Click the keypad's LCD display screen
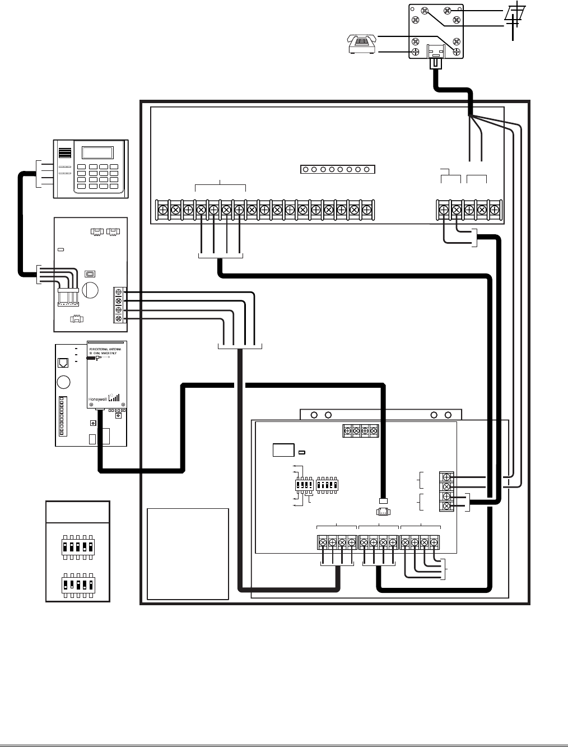[97, 152]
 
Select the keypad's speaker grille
[66, 155]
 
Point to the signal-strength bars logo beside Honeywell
[114, 397]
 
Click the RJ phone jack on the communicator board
[64, 362]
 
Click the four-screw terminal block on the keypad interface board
[119, 305]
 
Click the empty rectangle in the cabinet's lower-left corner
[188, 553]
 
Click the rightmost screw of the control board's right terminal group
[495, 210]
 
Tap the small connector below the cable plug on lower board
[384, 511]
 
